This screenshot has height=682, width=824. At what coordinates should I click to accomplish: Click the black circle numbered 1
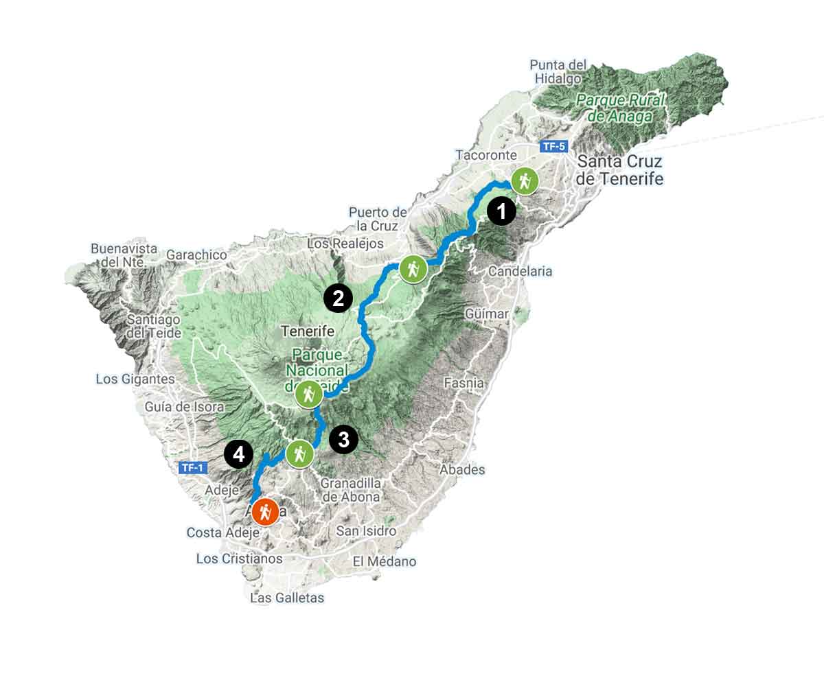(501, 211)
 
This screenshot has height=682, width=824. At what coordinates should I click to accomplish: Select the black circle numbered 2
(338, 298)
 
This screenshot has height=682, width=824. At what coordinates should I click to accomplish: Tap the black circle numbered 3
(343, 439)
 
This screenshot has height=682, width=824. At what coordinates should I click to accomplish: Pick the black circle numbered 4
(238, 454)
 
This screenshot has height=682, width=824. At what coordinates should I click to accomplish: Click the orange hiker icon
(265, 511)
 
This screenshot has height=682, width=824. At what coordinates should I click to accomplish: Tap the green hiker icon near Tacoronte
(525, 181)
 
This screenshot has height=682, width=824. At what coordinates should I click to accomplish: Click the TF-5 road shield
(554, 146)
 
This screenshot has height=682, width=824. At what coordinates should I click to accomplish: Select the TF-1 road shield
(192, 468)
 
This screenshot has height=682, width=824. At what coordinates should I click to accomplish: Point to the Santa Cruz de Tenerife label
(620, 170)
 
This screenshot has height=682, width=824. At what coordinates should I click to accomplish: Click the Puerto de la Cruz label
(377, 219)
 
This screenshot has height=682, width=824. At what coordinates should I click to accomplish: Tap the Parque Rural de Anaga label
(621, 108)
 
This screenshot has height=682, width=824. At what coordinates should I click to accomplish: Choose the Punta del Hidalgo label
(558, 71)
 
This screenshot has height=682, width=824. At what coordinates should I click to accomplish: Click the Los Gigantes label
(135, 379)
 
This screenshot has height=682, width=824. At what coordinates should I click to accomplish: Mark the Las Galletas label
(287, 598)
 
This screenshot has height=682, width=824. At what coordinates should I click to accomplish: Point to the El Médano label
(384, 561)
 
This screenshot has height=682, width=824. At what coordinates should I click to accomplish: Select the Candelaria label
(520, 271)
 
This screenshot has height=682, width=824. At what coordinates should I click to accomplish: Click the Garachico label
(196, 255)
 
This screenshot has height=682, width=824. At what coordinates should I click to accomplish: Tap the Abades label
(462, 470)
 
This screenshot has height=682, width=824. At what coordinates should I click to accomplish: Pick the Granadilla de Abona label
(351, 490)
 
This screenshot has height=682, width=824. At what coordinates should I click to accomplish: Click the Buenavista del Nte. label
(124, 255)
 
